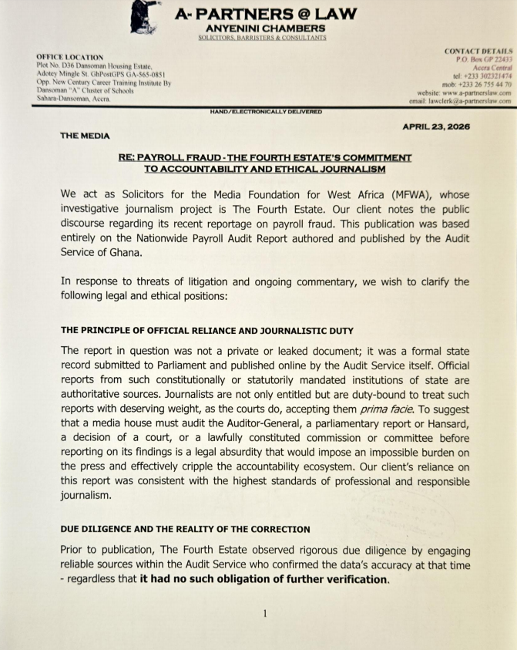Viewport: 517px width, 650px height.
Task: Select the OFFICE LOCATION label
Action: click(x=69, y=58)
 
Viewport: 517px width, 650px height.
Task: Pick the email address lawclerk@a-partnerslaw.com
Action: click(x=470, y=101)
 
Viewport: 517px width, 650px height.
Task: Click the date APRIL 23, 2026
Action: click(x=447, y=126)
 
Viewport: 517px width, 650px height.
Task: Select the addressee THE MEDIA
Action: click(x=85, y=136)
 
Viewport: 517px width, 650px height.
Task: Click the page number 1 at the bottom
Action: click(x=264, y=614)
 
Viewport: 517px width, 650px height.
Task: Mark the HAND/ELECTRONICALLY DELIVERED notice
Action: click(x=266, y=112)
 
